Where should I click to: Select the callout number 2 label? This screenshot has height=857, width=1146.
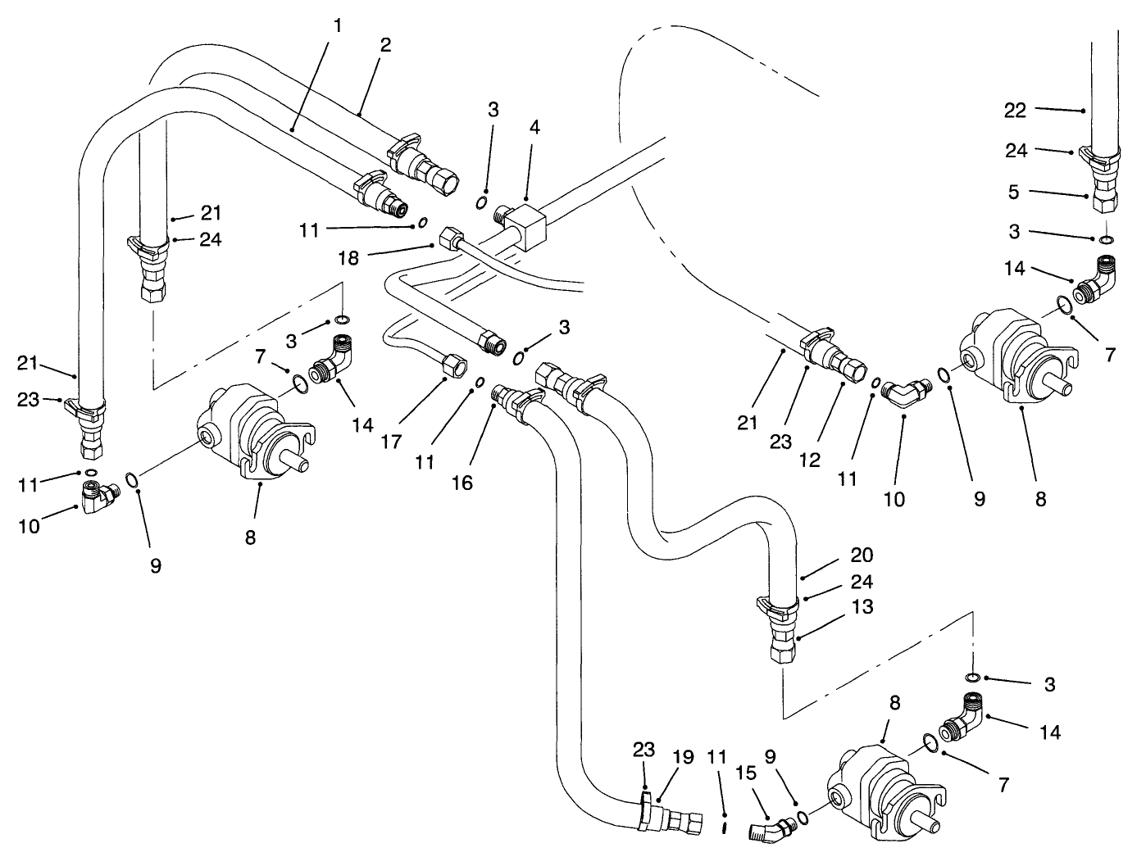pos(385,45)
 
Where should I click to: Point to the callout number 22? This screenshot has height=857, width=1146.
pos(1015,111)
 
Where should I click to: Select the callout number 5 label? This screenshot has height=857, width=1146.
pos(1015,193)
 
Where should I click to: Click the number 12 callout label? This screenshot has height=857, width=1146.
pos(810,460)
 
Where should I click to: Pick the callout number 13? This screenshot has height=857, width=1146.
pos(862,607)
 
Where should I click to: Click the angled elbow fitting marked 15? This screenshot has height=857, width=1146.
pos(767,830)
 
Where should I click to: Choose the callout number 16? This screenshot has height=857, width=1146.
pos(462,483)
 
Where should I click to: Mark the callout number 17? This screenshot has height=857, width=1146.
pos(391,442)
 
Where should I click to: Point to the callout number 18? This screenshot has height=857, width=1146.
pos(348,258)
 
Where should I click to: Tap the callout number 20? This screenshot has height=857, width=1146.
pos(862,555)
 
